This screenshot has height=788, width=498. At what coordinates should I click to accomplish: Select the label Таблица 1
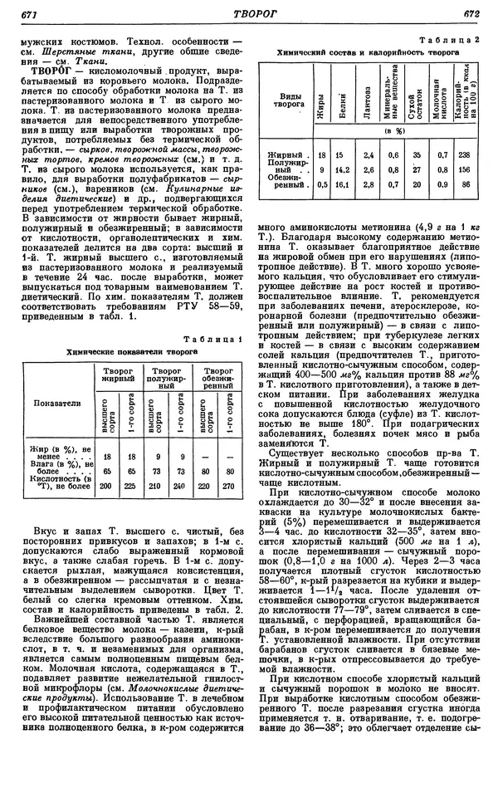[217, 339]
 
